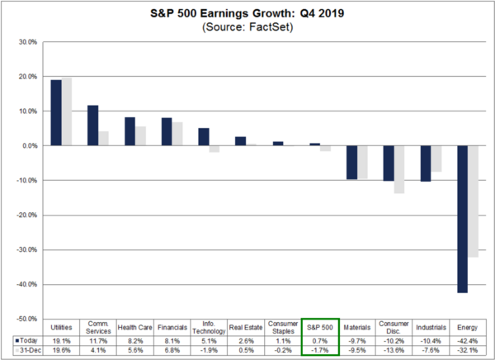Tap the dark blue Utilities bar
click(56, 112)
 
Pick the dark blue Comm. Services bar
click(93, 126)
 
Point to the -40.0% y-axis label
click(25, 284)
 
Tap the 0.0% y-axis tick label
click(26, 146)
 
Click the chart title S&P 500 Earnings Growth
click(247, 13)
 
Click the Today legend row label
click(26, 339)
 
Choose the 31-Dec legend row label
click(26, 349)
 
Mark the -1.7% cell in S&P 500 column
click(318, 349)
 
